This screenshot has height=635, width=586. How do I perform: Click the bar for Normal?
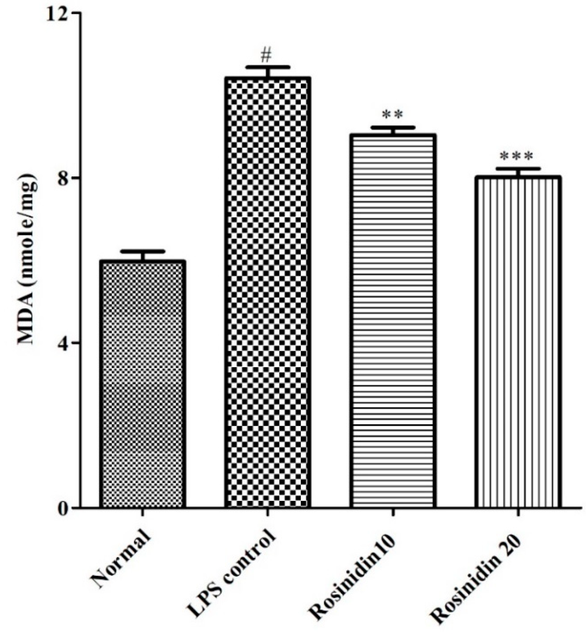142,384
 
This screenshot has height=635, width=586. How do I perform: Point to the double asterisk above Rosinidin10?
392,114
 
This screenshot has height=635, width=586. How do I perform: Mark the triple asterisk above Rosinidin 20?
516,156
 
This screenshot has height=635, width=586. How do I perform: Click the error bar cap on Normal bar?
142,252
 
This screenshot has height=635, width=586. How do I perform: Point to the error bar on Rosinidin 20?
518,169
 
